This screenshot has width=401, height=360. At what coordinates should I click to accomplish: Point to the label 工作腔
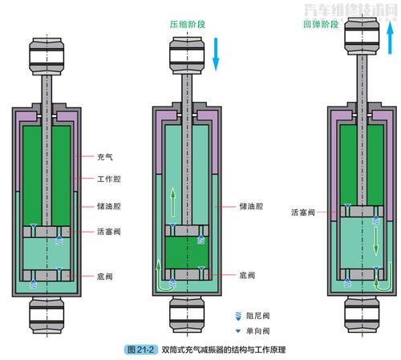[x=109, y=181]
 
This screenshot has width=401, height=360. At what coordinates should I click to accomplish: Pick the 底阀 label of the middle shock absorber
[x=247, y=275]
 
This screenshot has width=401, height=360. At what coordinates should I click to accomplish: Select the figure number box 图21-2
[x=142, y=350]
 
